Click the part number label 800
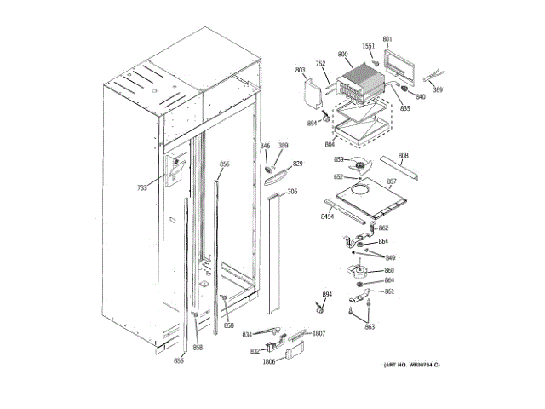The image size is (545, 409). pos(342,55)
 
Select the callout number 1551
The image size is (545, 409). pos(369,46)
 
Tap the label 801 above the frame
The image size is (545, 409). pos(387,39)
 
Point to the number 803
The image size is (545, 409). pos(300,70)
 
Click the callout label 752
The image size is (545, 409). pos(320,63)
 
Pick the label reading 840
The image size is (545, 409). pos(420,96)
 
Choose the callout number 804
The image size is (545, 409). pos(330,145)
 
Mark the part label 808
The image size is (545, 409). pos(404,155)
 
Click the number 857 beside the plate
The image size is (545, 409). pos(392,181)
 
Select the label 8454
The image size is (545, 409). pos(327,217)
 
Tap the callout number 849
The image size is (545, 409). pos(390,257)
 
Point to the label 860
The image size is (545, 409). pos(388,270)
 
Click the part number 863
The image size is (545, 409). pos(370,326)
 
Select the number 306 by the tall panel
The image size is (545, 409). pos(292,192)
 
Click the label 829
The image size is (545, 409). pos(297,164)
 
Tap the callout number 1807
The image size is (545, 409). pos(319,333)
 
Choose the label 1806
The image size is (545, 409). pos(268,361)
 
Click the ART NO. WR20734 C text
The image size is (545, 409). pos(411,365)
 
